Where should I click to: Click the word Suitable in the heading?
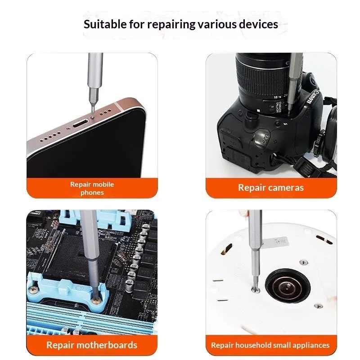(105, 24)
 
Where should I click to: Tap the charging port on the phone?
(81, 124)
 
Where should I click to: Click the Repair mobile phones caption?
(92, 188)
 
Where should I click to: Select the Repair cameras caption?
(271, 188)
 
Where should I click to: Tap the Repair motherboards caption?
(92, 345)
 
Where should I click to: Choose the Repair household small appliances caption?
(270, 345)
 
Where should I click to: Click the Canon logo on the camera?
(313, 97)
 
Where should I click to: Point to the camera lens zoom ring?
(262, 78)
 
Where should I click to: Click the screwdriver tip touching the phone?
(92, 115)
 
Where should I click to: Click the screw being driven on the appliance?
(256, 289)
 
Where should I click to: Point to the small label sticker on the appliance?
(275, 242)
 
